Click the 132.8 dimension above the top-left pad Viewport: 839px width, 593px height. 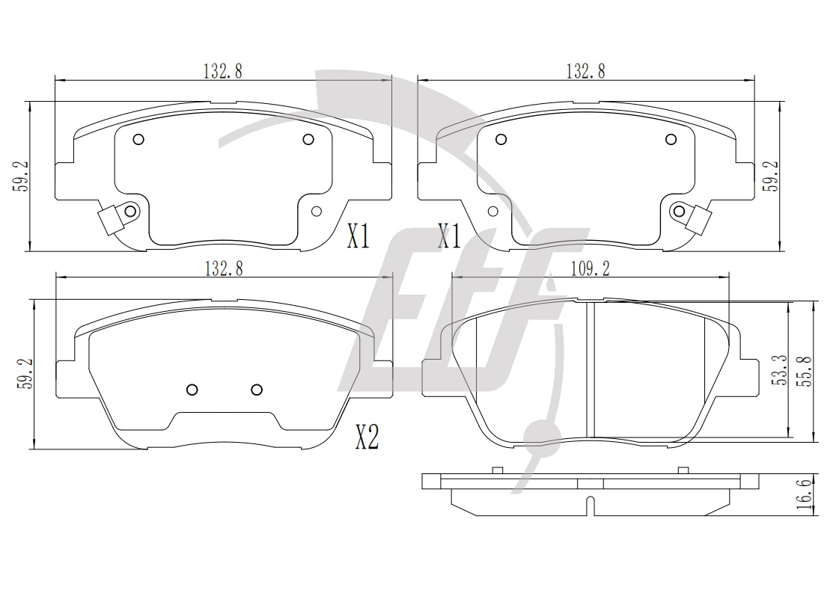(x=222, y=71)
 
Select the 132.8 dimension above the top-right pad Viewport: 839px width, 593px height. (x=585, y=71)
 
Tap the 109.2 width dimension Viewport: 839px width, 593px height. (x=591, y=268)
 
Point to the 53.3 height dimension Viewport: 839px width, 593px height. (x=782, y=371)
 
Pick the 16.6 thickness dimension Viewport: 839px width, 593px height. (x=807, y=494)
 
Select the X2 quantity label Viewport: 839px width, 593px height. (x=367, y=438)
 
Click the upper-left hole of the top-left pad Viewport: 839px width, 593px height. (x=138, y=140)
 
